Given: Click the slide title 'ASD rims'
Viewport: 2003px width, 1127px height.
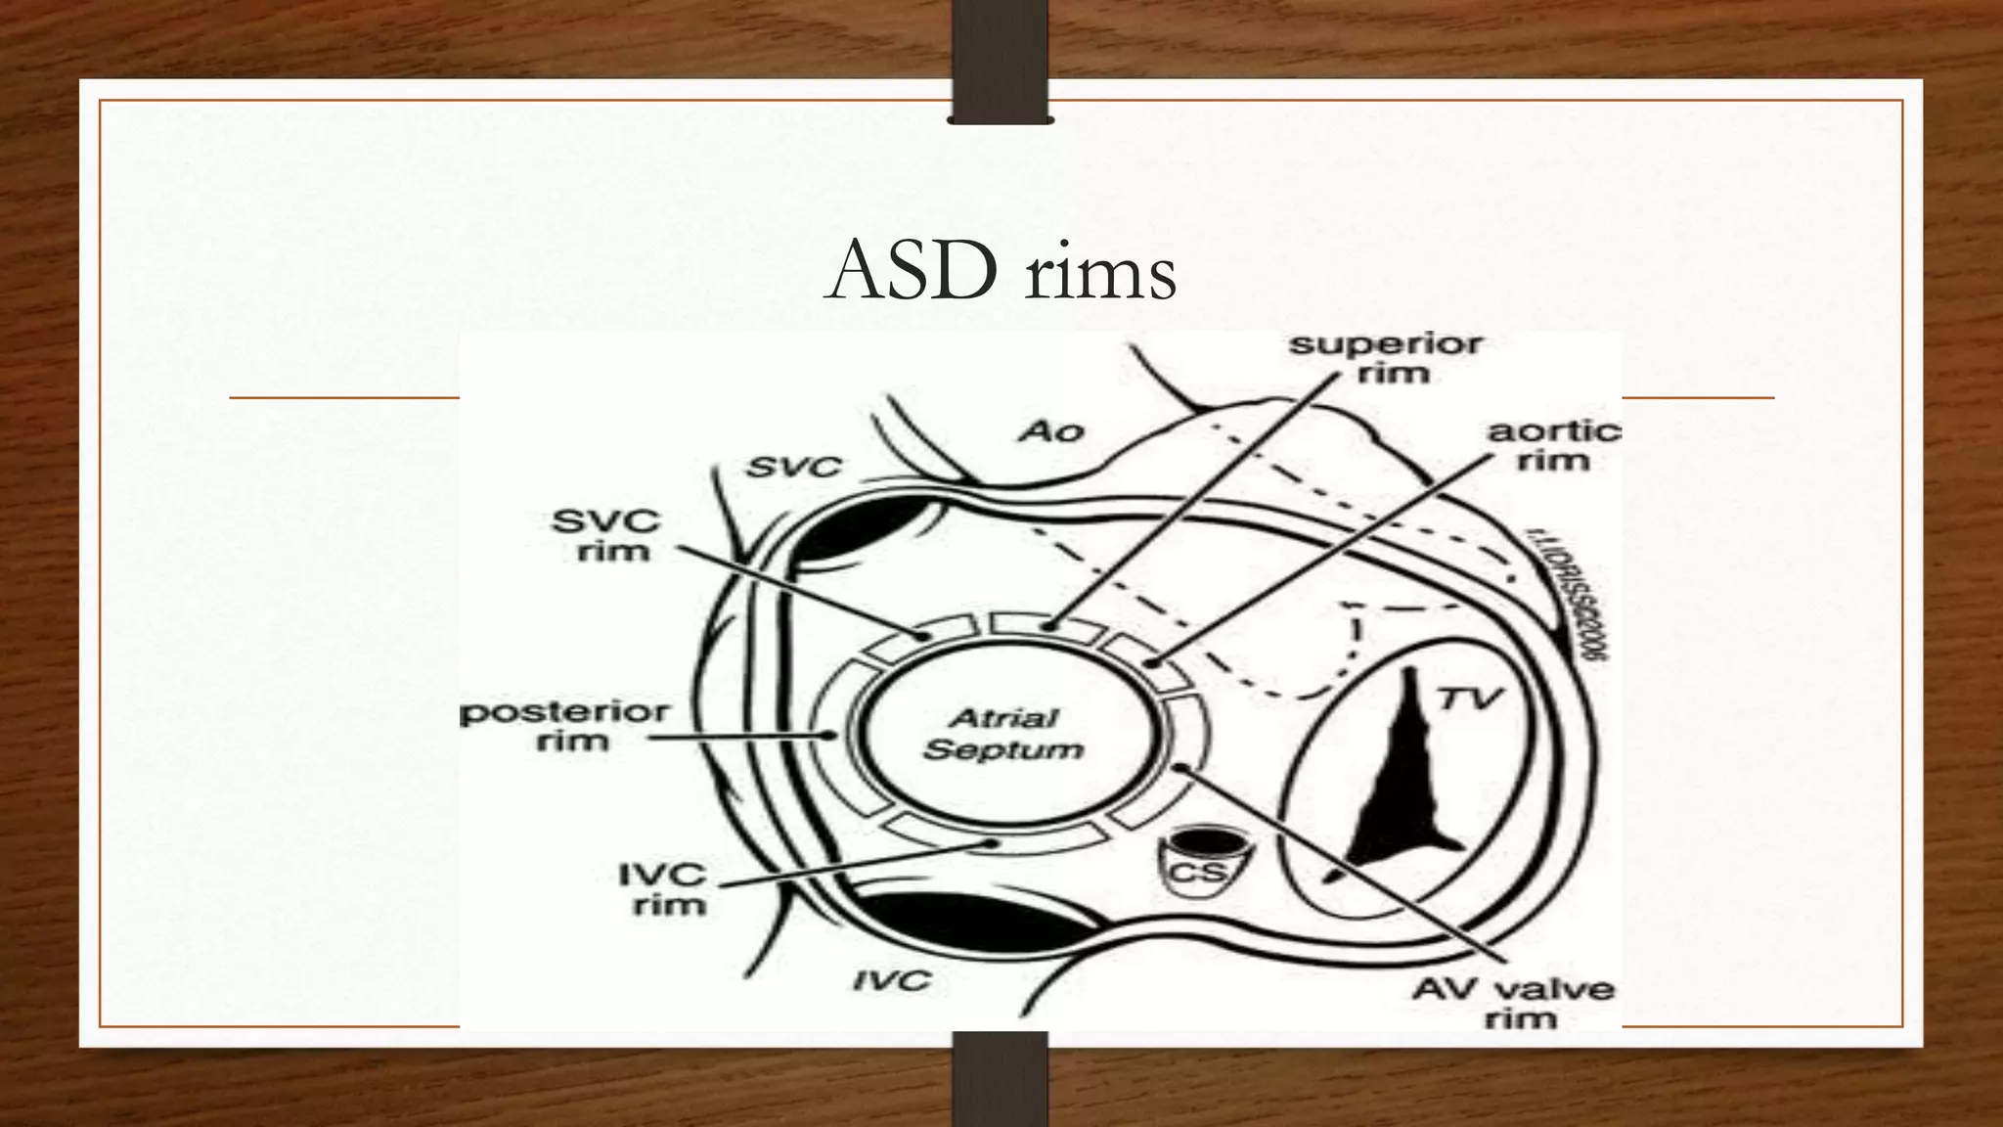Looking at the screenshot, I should [1001, 272].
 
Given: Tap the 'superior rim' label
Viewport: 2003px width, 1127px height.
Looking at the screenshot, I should [1386, 358].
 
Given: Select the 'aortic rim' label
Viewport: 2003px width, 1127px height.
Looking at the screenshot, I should [1553, 445].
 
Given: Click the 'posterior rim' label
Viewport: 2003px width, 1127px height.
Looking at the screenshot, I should [565, 725].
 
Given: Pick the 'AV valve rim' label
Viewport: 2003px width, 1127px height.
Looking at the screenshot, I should [1512, 1003].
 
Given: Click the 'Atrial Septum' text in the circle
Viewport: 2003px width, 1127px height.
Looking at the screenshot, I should [1003, 734].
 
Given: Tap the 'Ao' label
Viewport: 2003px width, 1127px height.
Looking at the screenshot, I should [1051, 430].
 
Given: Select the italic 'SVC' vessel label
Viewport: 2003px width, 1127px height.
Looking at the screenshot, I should [793, 468].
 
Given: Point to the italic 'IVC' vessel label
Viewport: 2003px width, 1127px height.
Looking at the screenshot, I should [891, 979].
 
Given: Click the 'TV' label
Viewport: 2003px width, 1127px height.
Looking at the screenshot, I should [1469, 699].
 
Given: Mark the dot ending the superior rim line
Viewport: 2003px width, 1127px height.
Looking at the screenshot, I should [1047, 625].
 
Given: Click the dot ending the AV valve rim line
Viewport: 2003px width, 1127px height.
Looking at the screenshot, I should [1180, 767].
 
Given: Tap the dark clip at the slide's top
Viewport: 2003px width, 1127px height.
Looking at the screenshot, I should [1000, 61].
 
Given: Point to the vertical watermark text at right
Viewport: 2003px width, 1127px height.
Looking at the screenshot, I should [1562, 595].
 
